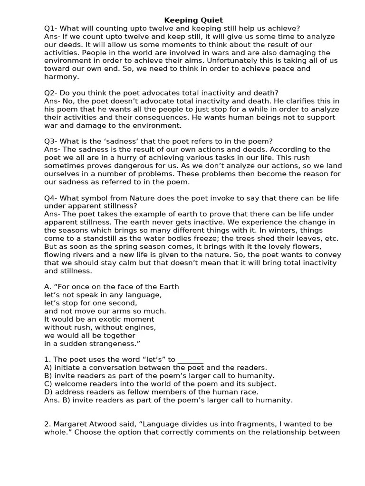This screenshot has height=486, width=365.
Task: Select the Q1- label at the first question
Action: coord(51,28)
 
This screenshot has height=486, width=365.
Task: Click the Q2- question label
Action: coord(51,93)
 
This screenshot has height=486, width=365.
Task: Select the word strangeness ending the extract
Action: coord(115,343)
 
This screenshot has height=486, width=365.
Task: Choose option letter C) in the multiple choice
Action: coord(48,383)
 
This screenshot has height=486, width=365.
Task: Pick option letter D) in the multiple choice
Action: coord(48,392)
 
